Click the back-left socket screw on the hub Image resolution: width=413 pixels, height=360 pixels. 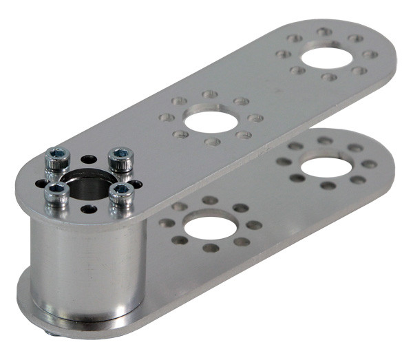(56, 160)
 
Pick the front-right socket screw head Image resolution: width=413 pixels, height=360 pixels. (123, 192)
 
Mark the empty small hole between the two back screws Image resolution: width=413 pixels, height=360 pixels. (89, 160)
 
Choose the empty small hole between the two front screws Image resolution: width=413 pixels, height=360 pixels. (88, 209)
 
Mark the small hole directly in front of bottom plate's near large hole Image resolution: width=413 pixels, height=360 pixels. (211, 248)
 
